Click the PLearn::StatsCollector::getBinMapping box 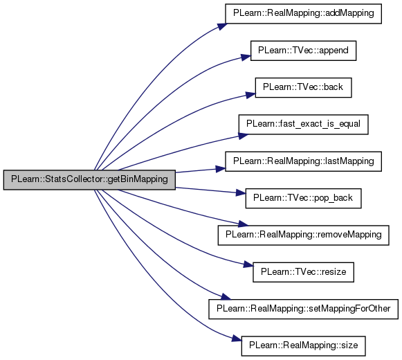coord(89,180)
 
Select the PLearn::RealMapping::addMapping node coord(303,14)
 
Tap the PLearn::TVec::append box coord(303,51)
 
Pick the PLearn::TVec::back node coord(303,87)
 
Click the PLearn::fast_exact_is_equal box coord(303,125)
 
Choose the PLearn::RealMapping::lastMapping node coord(303,161)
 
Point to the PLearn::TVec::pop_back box coord(303,199)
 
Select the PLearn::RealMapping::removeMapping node coord(303,235)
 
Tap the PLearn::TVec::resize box coord(303,272)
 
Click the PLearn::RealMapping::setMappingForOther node coord(303,309)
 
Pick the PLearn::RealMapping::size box coord(303,346)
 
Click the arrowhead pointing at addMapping coord(222,27)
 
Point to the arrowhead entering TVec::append coord(246,57)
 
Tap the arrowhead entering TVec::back coord(250,95)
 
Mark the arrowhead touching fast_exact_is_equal coord(243,136)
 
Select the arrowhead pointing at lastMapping coord(221,169)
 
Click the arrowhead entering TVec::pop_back coord(241,193)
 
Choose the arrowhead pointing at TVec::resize coord(248,264)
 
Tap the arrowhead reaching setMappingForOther coord(226,297)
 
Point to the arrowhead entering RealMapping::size coord(237,339)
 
